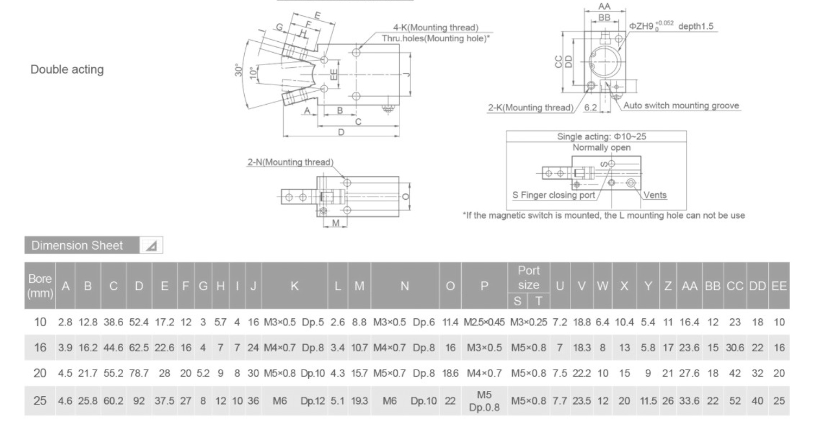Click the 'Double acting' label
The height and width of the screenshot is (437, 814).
(67, 69)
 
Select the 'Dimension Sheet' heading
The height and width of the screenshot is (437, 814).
(77, 245)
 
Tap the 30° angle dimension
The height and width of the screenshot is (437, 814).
(238, 71)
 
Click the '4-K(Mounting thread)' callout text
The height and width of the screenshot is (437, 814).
(436, 28)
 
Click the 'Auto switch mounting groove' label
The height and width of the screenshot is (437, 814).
(681, 106)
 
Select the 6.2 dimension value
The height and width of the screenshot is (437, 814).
(590, 108)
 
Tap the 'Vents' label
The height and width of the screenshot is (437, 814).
(656, 195)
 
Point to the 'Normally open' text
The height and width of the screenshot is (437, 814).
(601, 148)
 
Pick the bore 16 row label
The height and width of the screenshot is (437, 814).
(40, 347)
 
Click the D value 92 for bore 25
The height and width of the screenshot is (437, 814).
(139, 401)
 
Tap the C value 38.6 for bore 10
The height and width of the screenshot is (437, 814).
(113, 322)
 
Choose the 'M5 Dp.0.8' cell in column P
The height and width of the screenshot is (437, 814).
(485, 401)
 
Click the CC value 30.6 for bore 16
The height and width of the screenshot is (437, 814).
(734, 347)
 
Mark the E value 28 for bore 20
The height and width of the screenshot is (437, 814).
(164, 373)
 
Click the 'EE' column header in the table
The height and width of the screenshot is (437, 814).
(779, 286)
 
